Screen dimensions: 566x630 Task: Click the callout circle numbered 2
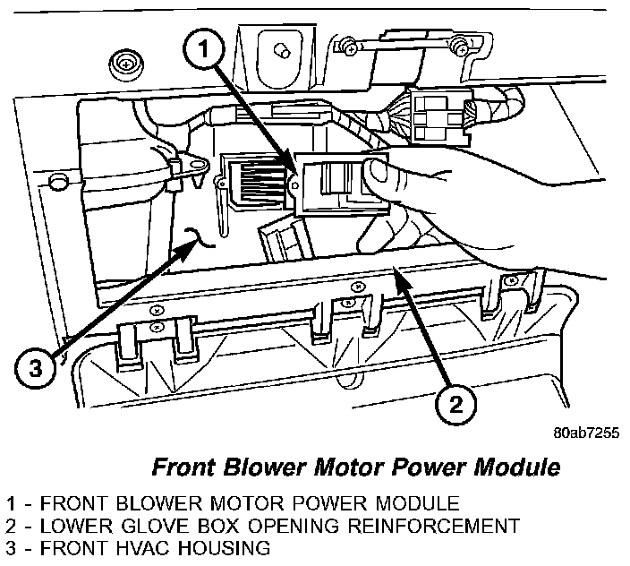click(455, 405)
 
